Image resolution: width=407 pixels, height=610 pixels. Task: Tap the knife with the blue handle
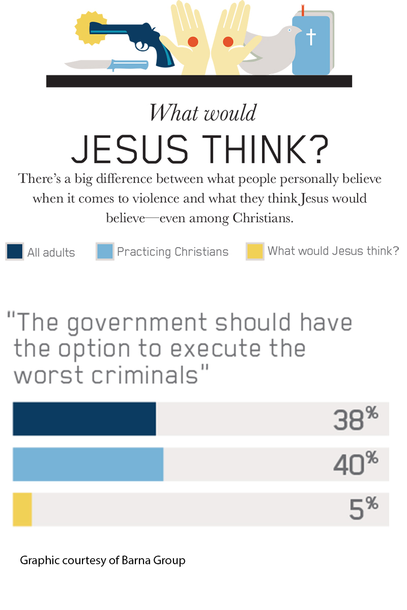tap(107, 65)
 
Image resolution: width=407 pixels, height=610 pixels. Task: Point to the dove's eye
tap(287, 30)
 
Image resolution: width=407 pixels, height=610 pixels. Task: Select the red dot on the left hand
tap(193, 41)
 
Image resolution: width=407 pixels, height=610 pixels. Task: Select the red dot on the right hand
tap(228, 41)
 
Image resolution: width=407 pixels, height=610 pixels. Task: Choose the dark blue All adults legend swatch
tap(15, 252)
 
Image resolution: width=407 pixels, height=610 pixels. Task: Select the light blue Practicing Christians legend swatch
tap(104, 252)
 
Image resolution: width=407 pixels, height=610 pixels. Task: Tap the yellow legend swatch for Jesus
tap(254, 252)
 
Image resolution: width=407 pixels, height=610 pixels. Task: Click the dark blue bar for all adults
tap(84, 419)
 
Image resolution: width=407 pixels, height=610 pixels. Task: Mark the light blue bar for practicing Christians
tap(88, 464)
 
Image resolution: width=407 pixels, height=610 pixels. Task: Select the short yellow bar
tap(22, 509)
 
